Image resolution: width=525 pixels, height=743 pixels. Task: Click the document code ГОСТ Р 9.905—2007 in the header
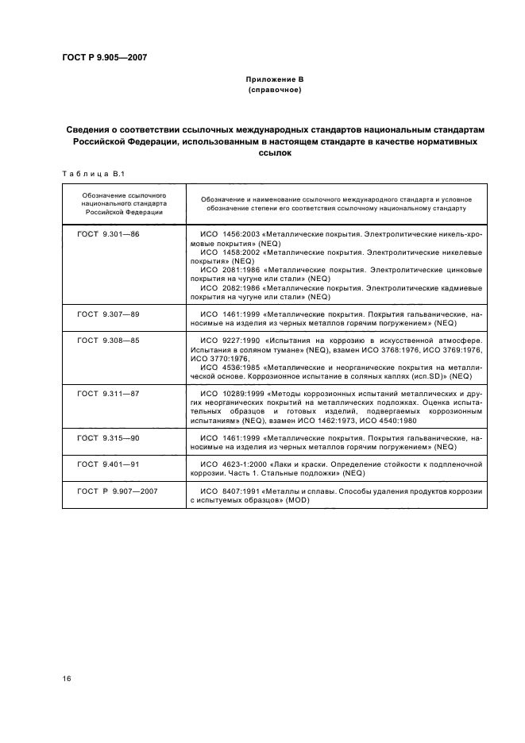pyautogui.click(x=104, y=56)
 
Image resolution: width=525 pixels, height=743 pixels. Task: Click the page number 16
pyautogui.click(x=67, y=676)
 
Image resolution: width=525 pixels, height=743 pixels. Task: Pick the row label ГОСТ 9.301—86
pyautogui.click(x=108, y=234)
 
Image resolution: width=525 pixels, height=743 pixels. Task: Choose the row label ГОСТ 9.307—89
pyautogui.click(x=108, y=314)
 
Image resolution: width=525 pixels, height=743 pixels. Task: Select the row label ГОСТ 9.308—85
pyautogui.click(x=108, y=340)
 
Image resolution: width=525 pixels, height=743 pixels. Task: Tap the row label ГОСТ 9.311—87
pyautogui.click(x=108, y=393)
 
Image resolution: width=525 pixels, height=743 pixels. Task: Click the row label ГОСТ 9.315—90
pyautogui.click(x=108, y=437)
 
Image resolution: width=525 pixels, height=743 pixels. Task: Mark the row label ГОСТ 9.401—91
pyautogui.click(x=108, y=463)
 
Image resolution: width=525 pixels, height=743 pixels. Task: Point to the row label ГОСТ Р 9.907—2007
pyautogui.click(x=118, y=491)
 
